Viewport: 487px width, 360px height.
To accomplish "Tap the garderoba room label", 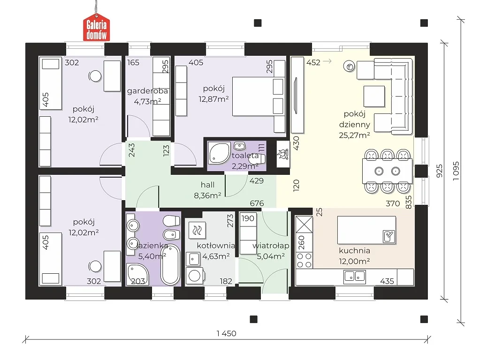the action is click(x=147, y=91).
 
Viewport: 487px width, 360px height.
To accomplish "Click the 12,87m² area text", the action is click(x=213, y=99).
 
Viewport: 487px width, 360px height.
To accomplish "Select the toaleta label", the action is click(x=245, y=156).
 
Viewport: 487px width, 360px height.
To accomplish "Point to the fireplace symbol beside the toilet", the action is click(x=283, y=154).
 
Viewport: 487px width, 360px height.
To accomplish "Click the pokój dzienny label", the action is click(x=354, y=119).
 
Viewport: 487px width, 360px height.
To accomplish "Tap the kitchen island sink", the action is click(x=389, y=236).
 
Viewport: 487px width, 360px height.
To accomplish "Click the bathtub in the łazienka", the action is click(x=170, y=265).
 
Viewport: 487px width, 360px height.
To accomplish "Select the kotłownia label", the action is click(x=216, y=246).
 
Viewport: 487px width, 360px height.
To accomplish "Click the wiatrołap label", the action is click(x=271, y=246).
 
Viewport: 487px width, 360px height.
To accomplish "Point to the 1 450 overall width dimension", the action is click(x=227, y=333).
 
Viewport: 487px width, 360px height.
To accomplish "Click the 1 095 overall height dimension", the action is click(x=456, y=171).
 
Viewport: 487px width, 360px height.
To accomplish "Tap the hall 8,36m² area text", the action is click(x=207, y=195).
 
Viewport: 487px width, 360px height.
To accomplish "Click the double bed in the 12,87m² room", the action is click(x=259, y=96).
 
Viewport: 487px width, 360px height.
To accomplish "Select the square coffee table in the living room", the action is click(x=374, y=97).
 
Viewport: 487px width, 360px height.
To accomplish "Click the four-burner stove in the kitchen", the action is click(x=304, y=260).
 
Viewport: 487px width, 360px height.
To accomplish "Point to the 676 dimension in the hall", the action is click(x=257, y=203).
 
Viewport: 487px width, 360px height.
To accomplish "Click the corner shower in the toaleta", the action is click(x=219, y=153).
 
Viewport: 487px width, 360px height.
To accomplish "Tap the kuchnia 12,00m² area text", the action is click(x=354, y=261).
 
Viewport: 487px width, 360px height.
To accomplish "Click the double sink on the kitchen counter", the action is click(x=354, y=276).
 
